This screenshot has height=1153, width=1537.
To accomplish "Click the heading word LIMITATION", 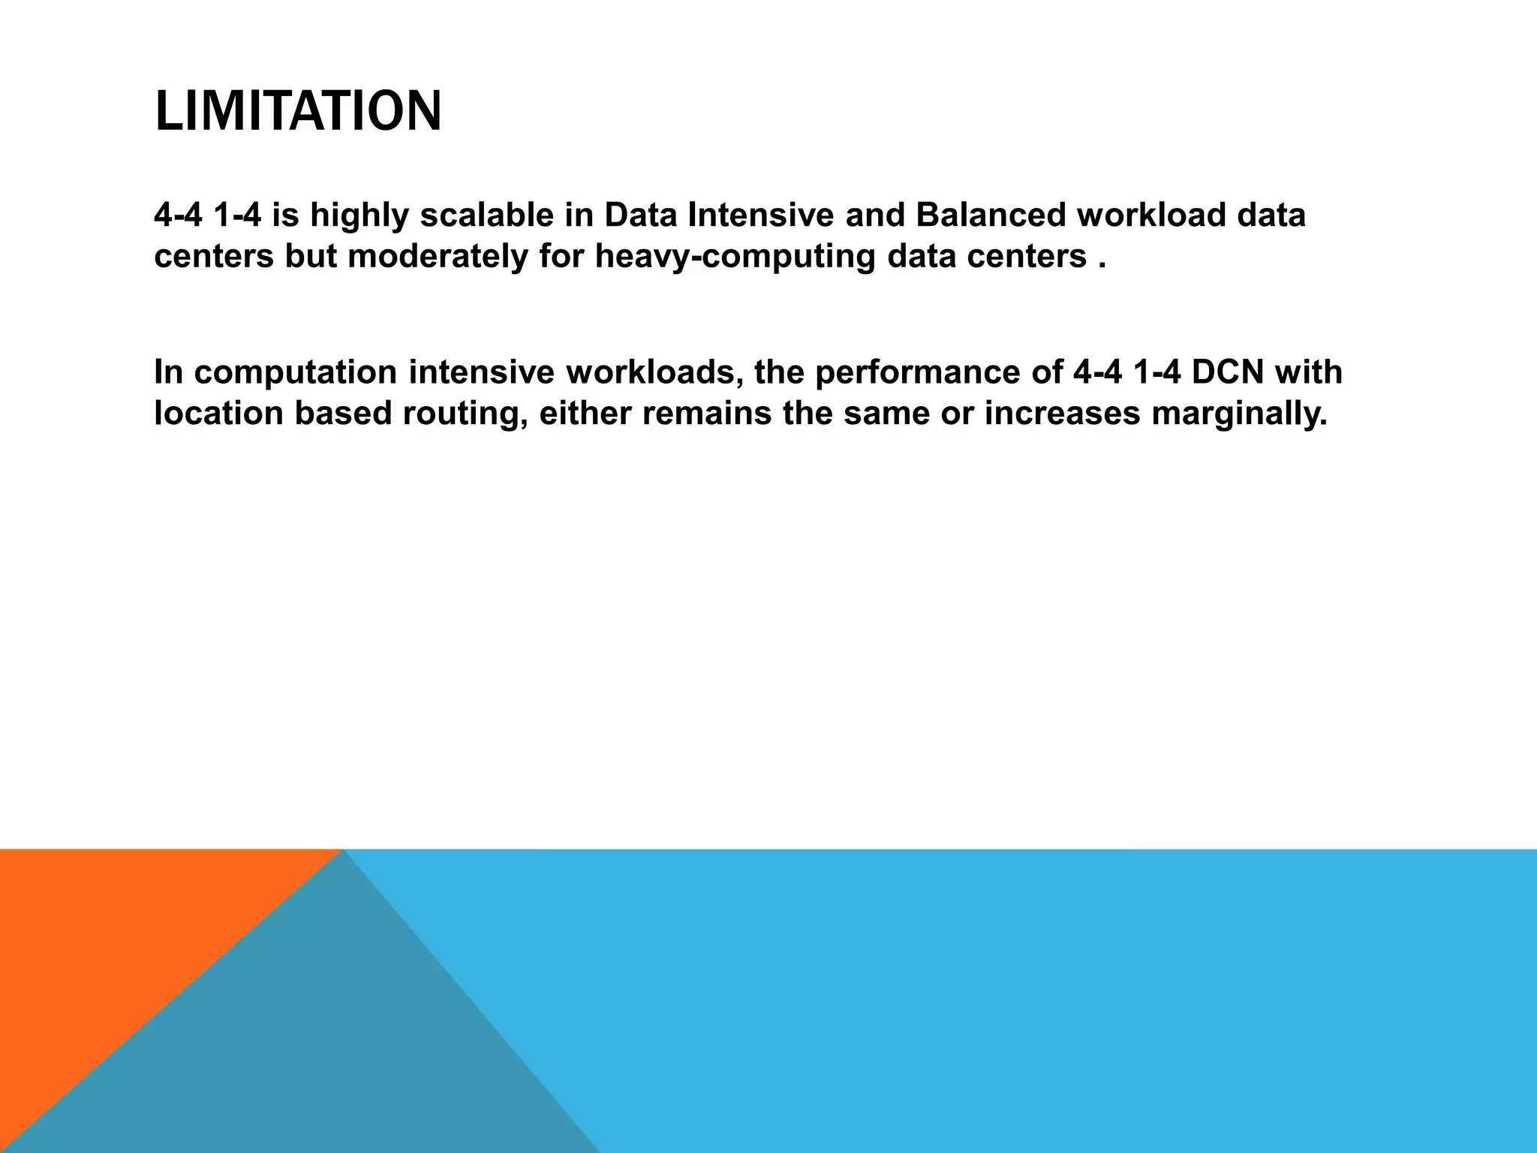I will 298,111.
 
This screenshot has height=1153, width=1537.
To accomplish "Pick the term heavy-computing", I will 735,257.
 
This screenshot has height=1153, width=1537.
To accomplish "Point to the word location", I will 218,414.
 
